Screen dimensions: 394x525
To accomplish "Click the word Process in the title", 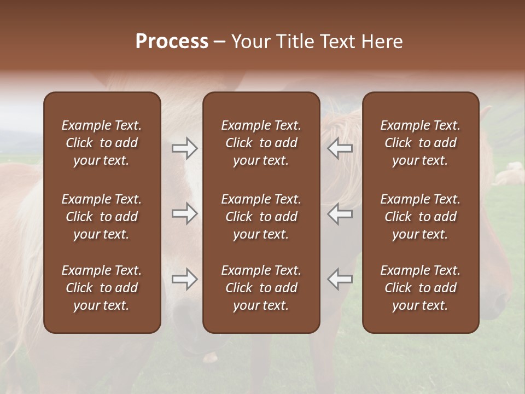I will point(172,42).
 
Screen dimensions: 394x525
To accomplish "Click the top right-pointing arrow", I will point(184,148).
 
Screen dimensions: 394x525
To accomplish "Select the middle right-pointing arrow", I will point(184,213).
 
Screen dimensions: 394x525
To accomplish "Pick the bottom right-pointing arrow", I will point(184,279).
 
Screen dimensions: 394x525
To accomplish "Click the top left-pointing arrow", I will point(340,148).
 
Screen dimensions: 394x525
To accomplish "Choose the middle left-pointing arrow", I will point(340,213).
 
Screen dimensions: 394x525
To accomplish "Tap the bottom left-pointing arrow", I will point(340,279).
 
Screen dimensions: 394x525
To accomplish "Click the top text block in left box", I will point(102,143).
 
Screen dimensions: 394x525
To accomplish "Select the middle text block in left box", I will point(102,217).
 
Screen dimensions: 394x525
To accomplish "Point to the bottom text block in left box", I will point(102,288).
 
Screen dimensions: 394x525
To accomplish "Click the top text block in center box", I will point(261,143).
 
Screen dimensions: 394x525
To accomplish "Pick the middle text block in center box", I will point(261,217).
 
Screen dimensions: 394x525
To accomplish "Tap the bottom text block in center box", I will point(261,288).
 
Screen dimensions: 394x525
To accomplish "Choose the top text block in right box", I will point(420,143).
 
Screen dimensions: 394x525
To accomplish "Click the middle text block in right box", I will point(420,217).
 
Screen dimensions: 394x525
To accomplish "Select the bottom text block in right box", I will point(420,288).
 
